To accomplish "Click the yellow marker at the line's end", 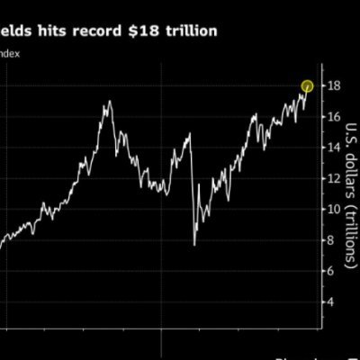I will click(307, 85).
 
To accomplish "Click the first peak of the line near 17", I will click(109, 102).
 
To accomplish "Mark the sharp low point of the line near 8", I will click(194, 244).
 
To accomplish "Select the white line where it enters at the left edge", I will click(2, 247).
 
